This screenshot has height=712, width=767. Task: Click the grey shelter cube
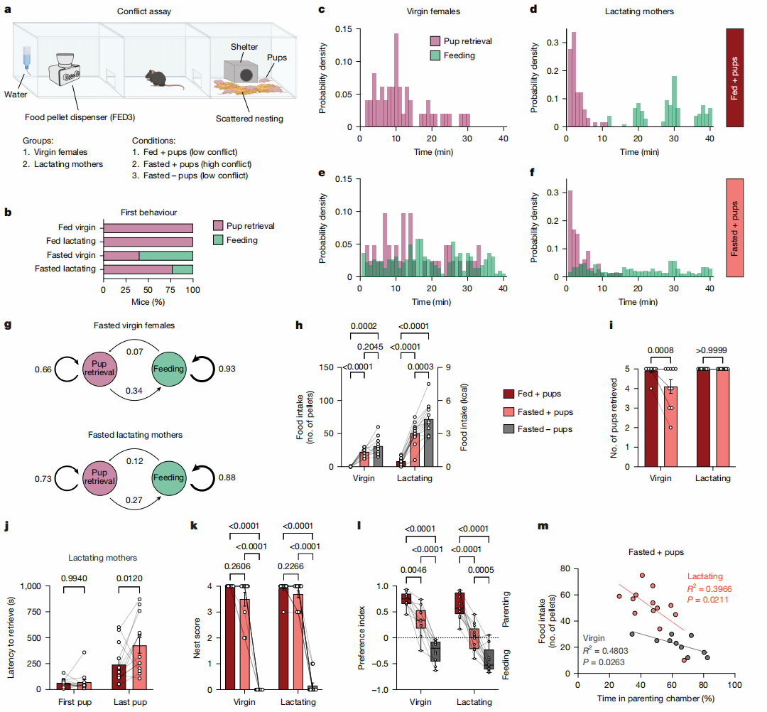tap(242, 70)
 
